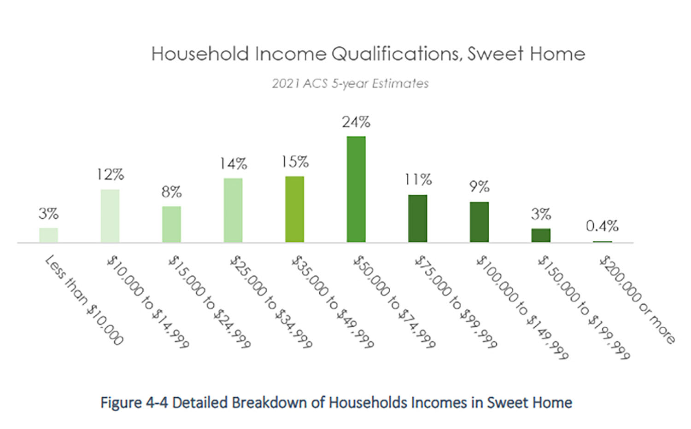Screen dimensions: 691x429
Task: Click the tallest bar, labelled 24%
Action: tap(356, 189)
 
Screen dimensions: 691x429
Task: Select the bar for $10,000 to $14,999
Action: tap(110, 216)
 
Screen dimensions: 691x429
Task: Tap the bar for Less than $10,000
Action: tap(48, 235)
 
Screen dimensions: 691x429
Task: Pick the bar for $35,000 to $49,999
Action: tap(295, 209)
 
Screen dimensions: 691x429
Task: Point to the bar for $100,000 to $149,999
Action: tap(479, 222)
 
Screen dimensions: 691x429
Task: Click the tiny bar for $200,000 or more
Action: tap(602, 242)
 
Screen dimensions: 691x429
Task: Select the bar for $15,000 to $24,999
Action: tap(171, 224)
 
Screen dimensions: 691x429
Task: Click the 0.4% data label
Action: tap(602, 226)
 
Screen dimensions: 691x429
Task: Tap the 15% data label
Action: tap(295, 162)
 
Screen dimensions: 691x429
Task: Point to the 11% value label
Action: tap(418, 180)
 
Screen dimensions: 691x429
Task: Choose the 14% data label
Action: tap(233, 164)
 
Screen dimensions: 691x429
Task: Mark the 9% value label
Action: tap(480, 186)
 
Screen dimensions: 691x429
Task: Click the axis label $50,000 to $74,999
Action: tap(394, 302)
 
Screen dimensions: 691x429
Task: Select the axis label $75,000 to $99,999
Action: tap(455, 302)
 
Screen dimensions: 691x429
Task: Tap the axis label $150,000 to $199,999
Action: tap(584, 307)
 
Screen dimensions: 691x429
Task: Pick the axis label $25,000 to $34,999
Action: tap(271, 302)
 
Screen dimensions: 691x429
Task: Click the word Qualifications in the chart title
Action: tap(397, 53)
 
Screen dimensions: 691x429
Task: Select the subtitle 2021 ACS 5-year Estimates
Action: tap(350, 83)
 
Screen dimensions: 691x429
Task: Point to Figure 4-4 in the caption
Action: tap(134, 402)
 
